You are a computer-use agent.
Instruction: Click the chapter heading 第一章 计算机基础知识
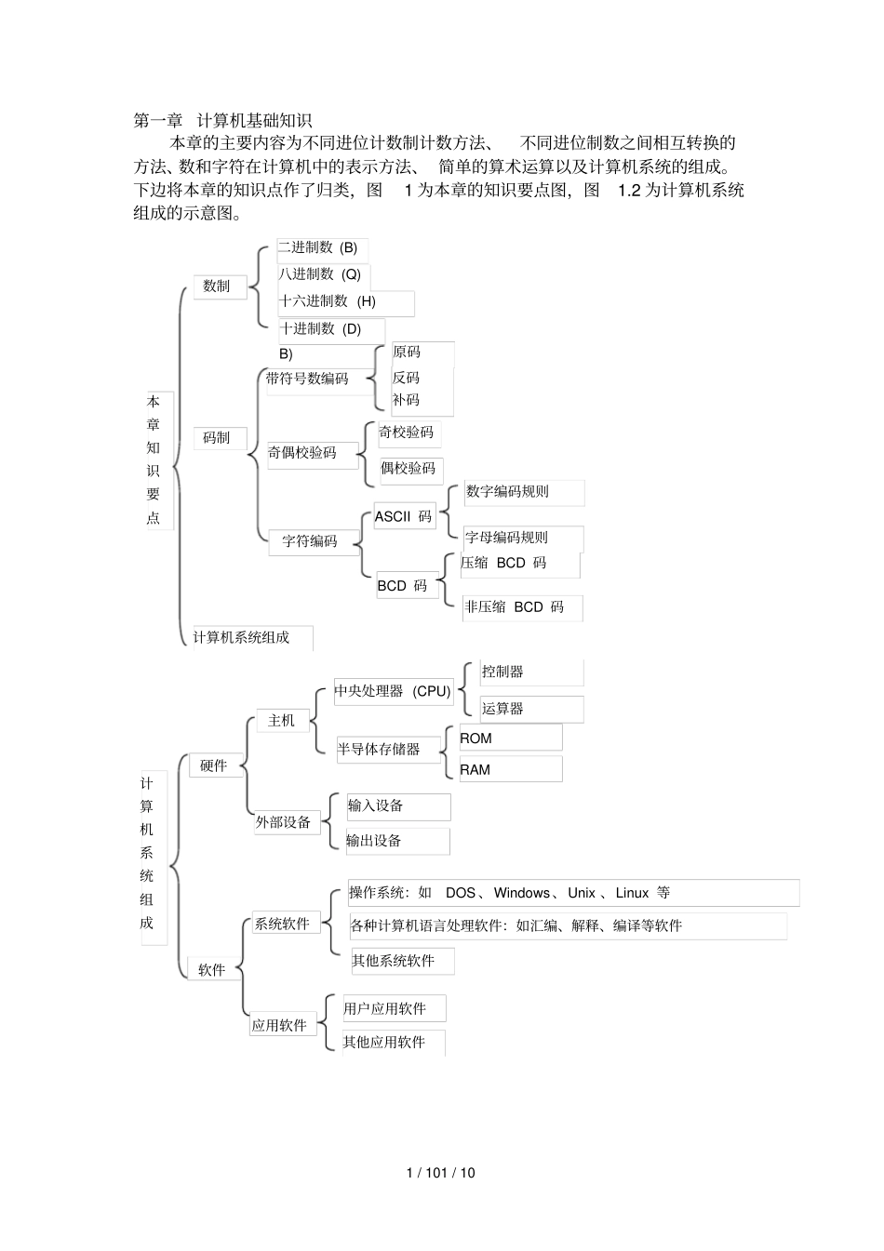pyautogui.click(x=222, y=120)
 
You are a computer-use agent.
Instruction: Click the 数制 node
pyautogui.click(x=217, y=286)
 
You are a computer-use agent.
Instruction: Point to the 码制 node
pyautogui.click(x=217, y=437)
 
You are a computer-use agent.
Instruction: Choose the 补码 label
pyautogui.click(x=407, y=400)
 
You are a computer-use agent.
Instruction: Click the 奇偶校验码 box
pyautogui.click(x=303, y=453)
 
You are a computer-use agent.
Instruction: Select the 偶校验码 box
pyautogui.click(x=409, y=469)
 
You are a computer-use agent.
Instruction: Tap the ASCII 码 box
pyautogui.click(x=404, y=516)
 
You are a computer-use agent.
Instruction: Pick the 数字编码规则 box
pyautogui.click(x=508, y=492)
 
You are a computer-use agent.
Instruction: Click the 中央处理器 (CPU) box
pyautogui.click(x=393, y=691)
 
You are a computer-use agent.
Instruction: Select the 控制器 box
pyautogui.click(x=503, y=672)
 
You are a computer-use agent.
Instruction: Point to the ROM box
pyautogui.click(x=476, y=739)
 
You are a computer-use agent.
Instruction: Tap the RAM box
pyautogui.click(x=475, y=770)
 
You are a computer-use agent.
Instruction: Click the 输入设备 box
pyautogui.click(x=376, y=806)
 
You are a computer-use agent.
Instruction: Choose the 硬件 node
pyautogui.click(x=214, y=765)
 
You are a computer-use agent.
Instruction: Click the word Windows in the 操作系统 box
pyautogui.click(x=521, y=893)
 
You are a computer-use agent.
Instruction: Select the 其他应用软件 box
pyautogui.click(x=384, y=1043)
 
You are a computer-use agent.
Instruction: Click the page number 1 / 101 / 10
pyautogui.click(x=441, y=1173)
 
